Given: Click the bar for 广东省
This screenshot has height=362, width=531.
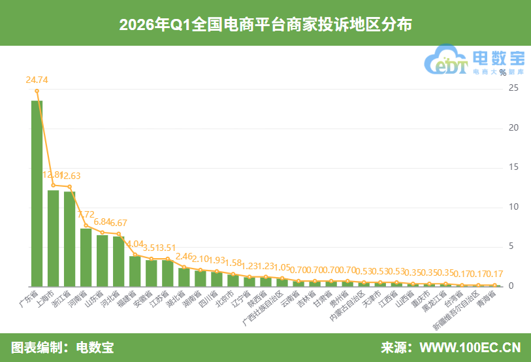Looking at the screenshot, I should tap(37, 193).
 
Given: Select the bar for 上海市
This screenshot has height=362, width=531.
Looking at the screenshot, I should tap(53, 238).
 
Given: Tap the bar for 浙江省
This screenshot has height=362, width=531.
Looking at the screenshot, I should tap(69, 239).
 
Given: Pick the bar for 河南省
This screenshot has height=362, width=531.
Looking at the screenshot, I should tap(86, 257).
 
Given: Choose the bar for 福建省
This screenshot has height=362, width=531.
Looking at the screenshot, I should tap(135, 271).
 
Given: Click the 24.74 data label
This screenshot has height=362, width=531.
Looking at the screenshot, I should tap(37, 80).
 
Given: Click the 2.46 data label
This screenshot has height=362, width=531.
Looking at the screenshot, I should tap(185, 256).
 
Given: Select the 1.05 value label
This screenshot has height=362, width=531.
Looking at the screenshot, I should tap(282, 267).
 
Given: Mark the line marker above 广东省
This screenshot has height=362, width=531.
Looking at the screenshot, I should tap(37, 91).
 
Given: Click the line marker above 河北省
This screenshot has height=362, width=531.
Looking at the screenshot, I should tap(118, 233).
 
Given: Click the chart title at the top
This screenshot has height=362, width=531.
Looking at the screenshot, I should tap(265, 24).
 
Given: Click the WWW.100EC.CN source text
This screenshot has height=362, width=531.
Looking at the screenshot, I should tap(470, 347).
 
